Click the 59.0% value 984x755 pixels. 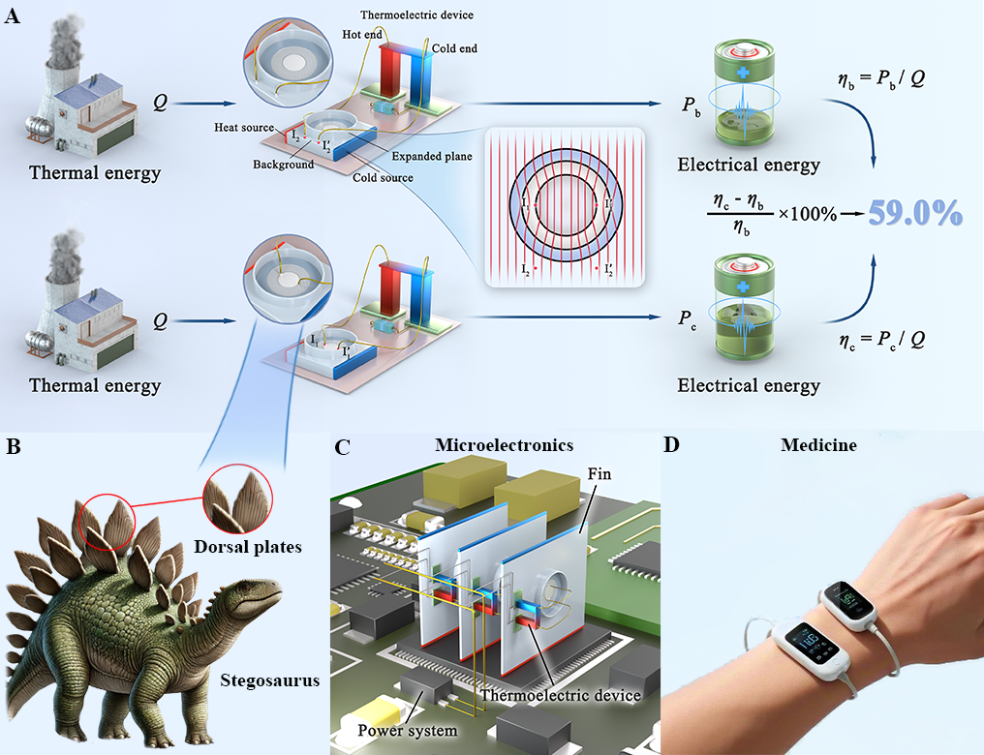click(914, 213)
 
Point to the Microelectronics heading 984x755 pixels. click(505, 445)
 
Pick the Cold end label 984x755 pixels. click(455, 48)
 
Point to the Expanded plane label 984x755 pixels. click(431, 156)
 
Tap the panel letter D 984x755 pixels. click(671, 447)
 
